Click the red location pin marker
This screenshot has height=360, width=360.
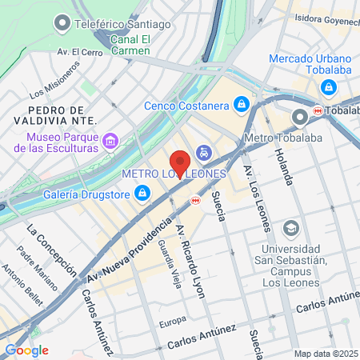pos(180,163)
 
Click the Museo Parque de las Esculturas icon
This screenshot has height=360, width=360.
pos(111,142)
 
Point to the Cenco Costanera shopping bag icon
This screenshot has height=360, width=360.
pos(241,105)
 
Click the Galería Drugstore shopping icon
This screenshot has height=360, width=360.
pos(142,192)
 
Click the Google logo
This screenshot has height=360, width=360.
pos(26,350)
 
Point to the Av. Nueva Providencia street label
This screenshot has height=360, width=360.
pos(128,249)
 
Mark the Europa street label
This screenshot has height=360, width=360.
pos(172,323)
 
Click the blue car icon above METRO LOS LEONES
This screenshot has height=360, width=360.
pos(205,152)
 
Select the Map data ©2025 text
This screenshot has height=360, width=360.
pos(324,353)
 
